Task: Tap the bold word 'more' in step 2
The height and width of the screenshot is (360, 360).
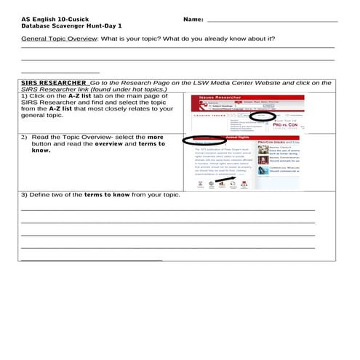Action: tap(156, 137)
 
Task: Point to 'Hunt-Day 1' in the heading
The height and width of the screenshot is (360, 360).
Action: tap(104, 25)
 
